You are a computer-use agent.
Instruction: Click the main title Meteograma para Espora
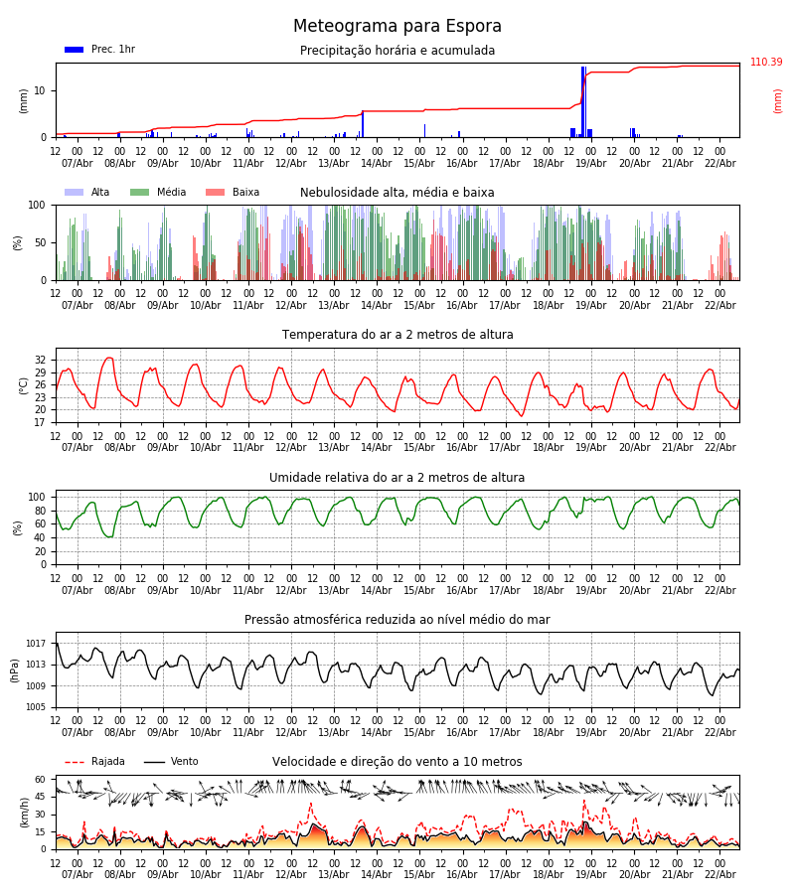click(x=397, y=27)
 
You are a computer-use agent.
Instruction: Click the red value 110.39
click(x=766, y=63)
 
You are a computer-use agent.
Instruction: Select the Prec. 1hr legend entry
click(x=99, y=50)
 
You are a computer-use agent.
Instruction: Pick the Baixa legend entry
click(x=233, y=193)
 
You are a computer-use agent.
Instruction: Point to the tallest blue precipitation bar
click(x=583, y=99)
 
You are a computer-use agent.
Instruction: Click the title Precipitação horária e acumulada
click(x=397, y=51)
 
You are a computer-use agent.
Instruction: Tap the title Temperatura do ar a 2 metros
click(x=397, y=335)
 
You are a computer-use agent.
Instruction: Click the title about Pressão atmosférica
click(x=397, y=620)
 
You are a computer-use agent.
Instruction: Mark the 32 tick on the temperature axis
click(x=41, y=361)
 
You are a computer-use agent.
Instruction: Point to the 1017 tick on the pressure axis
click(x=37, y=644)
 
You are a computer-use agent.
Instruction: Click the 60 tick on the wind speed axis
click(x=41, y=780)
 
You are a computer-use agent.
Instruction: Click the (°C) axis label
click(x=23, y=385)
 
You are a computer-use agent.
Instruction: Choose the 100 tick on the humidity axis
click(x=38, y=497)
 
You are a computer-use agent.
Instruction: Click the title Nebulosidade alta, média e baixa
click(x=397, y=193)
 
